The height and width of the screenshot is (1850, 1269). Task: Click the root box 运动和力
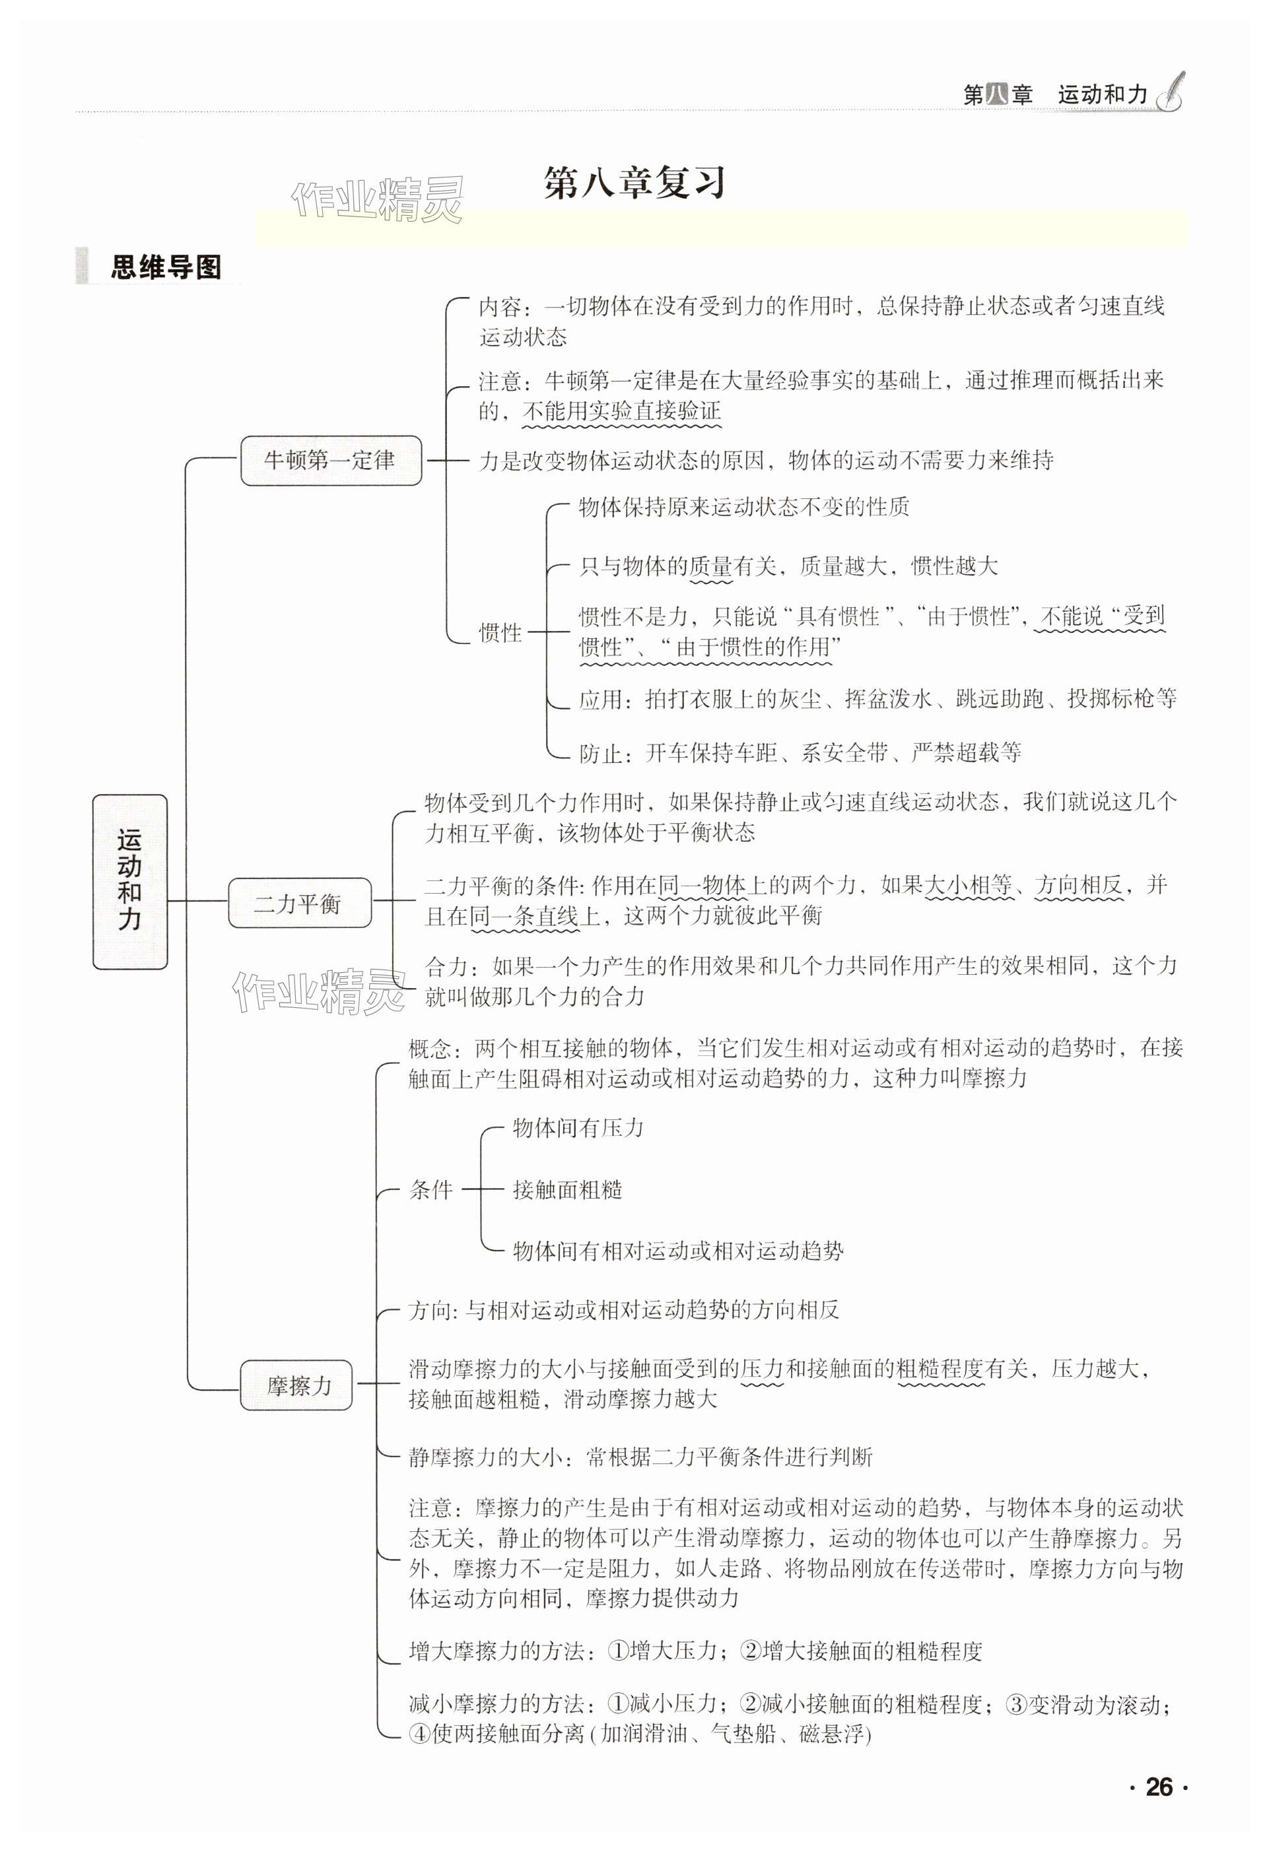(130, 881)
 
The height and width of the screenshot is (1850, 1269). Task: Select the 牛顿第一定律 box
(330, 460)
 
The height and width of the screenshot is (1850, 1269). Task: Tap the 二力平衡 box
(299, 903)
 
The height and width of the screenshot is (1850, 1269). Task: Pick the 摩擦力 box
(296, 1385)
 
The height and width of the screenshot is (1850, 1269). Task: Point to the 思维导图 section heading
(166, 267)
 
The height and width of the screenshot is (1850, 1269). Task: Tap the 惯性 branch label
(500, 633)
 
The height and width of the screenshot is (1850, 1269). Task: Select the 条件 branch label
(430, 1190)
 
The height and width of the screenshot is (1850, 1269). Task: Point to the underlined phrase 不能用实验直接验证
(621, 412)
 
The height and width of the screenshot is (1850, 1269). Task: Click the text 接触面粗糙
(567, 1190)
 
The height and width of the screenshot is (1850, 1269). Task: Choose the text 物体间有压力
(578, 1128)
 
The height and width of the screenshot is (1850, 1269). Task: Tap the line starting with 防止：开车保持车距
(800, 752)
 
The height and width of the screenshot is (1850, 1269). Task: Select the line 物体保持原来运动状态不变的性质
(743, 507)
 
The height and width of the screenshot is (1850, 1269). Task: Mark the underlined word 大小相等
(967, 884)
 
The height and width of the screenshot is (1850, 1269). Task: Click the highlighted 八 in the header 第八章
(997, 96)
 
